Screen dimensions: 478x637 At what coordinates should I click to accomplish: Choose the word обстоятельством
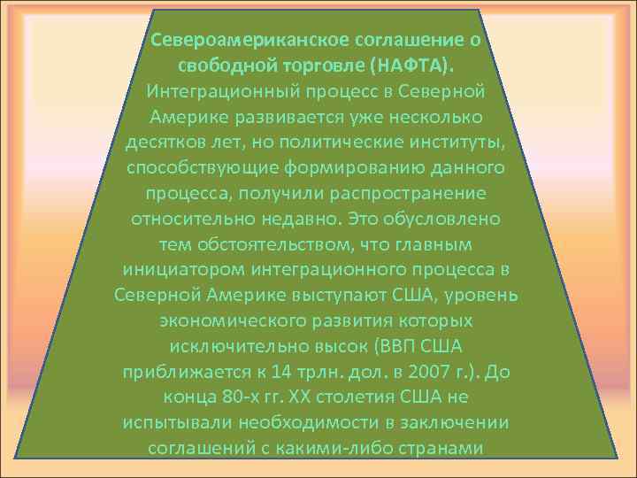[278, 243]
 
